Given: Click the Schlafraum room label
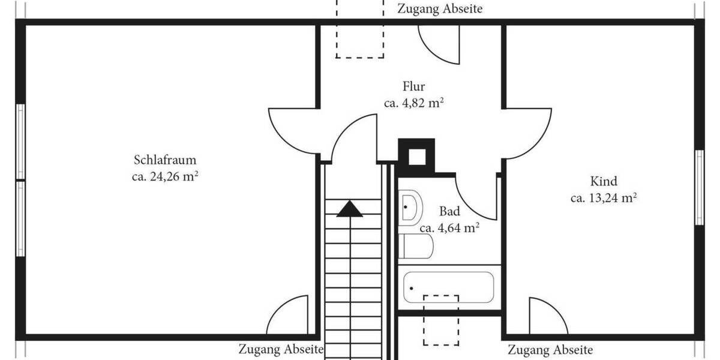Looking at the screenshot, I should click(165, 160).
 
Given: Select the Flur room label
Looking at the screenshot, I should click(413, 86).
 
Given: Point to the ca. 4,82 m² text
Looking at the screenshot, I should click(413, 103).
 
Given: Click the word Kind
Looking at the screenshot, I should click(603, 181).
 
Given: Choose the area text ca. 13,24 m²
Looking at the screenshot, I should click(603, 197).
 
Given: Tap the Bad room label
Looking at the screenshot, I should click(449, 211).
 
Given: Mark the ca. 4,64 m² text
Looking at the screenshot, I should click(449, 227).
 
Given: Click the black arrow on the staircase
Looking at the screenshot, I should click(349, 209).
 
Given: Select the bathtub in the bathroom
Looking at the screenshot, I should click(448, 287).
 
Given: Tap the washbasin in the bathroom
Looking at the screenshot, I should click(410, 207).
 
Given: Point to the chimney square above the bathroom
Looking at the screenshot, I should click(416, 156).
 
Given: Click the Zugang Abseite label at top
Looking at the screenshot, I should click(440, 9).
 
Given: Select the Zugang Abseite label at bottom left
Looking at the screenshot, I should click(281, 349).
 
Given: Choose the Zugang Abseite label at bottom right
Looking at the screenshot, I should click(550, 350).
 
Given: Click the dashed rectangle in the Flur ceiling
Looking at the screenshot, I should click(359, 30).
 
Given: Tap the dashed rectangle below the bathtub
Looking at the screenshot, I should click(441, 320).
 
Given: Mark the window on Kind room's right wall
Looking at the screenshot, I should click(699, 187).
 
